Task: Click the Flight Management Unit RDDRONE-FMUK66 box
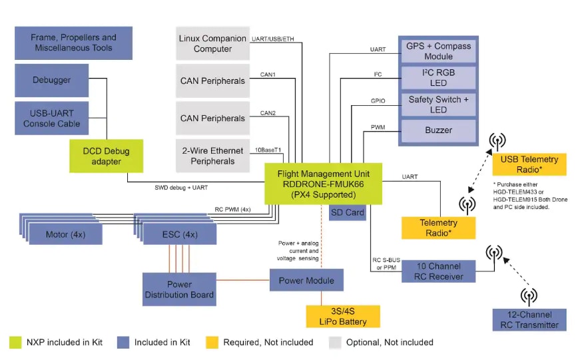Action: (324, 184)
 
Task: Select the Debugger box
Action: (51, 80)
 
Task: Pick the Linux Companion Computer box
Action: (212, 43)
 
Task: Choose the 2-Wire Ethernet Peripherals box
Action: (212, 156)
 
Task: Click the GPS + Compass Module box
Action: (438, 51)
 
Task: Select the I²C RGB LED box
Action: (438, 78)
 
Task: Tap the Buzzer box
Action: (438, 130)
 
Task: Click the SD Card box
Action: (348, 213)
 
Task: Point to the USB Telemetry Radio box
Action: (530, 164)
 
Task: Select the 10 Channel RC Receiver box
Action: (438, 271)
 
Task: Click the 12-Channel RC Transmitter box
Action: (529, 320)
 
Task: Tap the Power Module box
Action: (306, 280)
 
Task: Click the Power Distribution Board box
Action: (179, 289)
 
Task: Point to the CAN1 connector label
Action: (268, 75)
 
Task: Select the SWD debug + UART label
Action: (182, 189)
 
